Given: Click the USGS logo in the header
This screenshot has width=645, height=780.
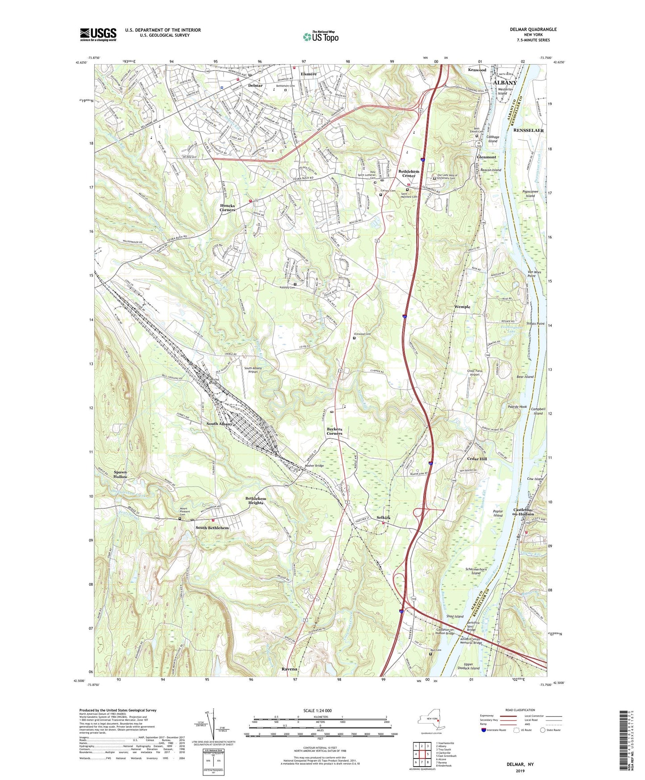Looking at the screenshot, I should (x=98, y=34).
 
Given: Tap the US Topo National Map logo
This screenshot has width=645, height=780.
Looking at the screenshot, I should (x=320, y=37).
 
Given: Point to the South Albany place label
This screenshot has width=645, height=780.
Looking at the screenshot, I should (x=219, y=424).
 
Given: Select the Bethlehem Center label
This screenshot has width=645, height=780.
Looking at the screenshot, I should (x=409, y=173).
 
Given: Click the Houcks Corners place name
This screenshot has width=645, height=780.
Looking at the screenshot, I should (x=227, y=208).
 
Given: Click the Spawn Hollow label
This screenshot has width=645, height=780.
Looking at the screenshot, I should (x=120, y=474).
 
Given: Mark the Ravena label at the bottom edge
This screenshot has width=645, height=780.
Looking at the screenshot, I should (x=289, y=669).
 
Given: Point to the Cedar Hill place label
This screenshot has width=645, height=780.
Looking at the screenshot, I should (x=477, y=459).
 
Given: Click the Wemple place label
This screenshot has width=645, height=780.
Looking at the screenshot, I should (x=462, y=307).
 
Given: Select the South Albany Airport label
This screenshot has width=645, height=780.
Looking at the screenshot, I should (x=253, y=370).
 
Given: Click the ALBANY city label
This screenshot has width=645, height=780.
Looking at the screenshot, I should (x=504, y=83).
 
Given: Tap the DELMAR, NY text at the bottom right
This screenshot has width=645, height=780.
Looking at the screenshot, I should (x=520, y=764).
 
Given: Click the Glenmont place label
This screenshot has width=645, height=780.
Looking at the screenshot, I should (x=486, y=157).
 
